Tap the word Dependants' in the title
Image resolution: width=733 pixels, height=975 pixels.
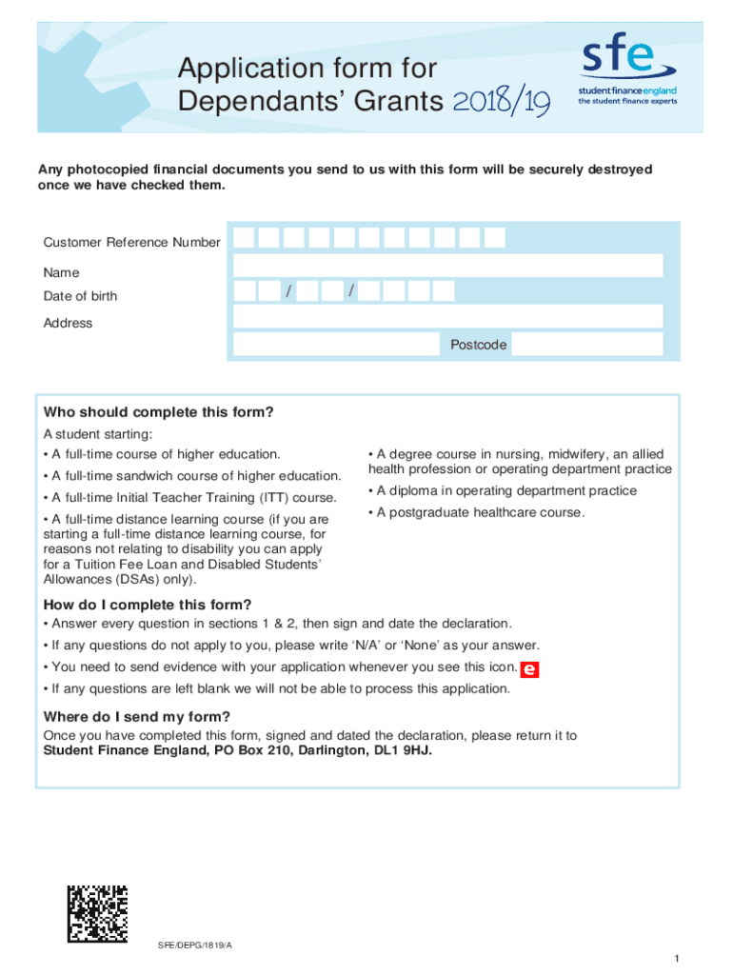click(245, 102)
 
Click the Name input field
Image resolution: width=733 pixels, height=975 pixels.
click(447, 265)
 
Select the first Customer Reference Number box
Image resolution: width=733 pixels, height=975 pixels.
click(245, 237)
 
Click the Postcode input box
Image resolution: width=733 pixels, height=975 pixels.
click(586, 345)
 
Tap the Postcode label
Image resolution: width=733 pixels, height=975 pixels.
click(478, 345)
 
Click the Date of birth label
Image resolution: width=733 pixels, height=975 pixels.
click(81, 296)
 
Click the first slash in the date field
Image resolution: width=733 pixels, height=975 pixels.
click(288, 290)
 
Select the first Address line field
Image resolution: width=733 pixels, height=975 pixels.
click(447, 316)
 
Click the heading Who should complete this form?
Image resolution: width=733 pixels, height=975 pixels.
click(158, 412)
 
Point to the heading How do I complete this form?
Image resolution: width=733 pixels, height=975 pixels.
click(148, 605)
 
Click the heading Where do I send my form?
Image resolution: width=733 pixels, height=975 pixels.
click(137, 717)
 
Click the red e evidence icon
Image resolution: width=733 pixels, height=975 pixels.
click(530, 669)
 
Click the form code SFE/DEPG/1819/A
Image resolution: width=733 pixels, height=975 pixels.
click(195, 944)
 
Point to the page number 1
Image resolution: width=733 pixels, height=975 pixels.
click(674, 957)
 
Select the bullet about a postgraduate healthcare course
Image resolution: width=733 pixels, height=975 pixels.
click(475, 513)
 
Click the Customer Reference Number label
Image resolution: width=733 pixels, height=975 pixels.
click(131, 243)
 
